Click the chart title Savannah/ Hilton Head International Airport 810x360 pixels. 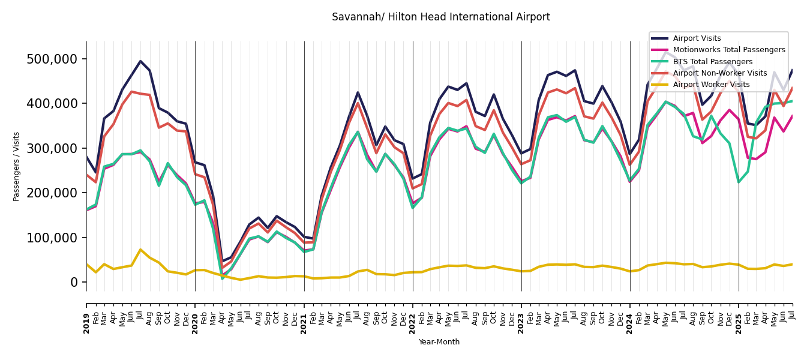point(440,17)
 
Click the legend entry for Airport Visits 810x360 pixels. point(697,38)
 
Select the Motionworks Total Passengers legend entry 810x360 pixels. point(728,50)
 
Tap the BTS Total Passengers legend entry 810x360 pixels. point(712,62)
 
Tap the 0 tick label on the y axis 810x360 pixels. point(74,282)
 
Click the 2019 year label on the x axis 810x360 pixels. point(86,316)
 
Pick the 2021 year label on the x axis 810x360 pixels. point(304,316)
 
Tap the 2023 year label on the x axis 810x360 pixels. point(521,316)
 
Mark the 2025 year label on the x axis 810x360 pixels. point(739,316)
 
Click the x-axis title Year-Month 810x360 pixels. point(439,342)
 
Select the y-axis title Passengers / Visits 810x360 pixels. point(17,166)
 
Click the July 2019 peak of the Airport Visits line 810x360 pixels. point(140,61)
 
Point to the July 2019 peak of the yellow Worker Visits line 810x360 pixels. point(140,250)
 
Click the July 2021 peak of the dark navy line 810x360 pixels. point(358,92)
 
